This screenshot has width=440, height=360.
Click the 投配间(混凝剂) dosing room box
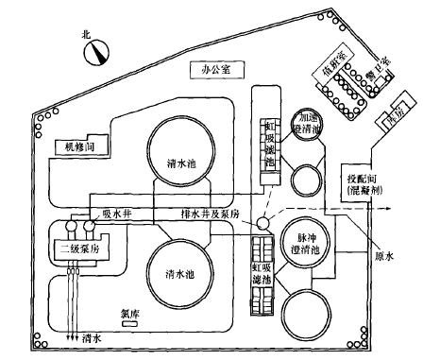[x=364, y=180]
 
